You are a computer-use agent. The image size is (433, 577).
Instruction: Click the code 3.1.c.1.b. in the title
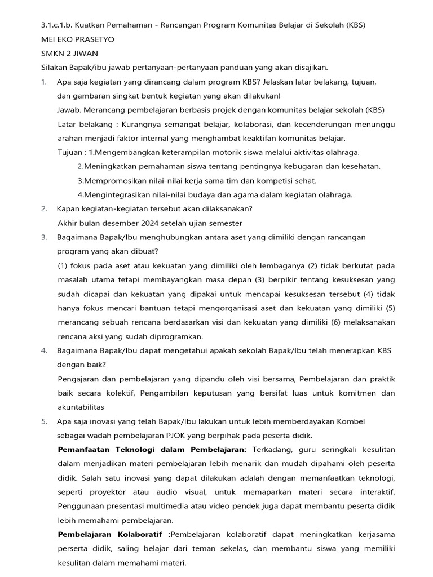[57, 25]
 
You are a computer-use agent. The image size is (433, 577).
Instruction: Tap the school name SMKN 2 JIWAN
[69, 54]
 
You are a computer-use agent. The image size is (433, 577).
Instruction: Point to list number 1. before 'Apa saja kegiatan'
[44, 82]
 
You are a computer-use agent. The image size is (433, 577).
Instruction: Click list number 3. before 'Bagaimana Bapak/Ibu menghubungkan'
[44, 237]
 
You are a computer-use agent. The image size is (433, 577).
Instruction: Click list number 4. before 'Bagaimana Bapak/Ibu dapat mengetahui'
[44, 350]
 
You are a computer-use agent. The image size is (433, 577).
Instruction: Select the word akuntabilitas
[81, 407]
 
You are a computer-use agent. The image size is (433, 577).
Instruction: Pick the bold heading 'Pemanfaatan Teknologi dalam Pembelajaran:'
[152, 450]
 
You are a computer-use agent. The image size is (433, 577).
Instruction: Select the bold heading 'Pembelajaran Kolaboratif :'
[113, 534]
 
